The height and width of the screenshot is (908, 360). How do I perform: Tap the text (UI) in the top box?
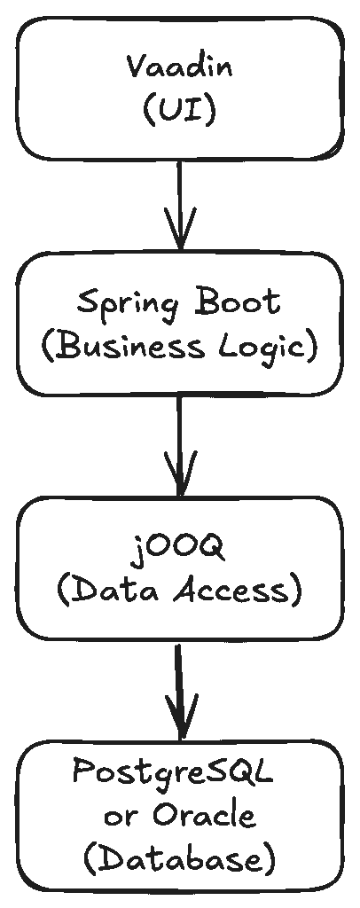179,110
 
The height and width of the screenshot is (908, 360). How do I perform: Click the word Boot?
239,301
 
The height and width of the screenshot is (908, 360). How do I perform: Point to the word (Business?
122,348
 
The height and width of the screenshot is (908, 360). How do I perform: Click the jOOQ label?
179,548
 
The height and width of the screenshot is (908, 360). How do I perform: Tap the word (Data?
108,591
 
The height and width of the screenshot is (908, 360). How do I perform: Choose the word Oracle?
204,816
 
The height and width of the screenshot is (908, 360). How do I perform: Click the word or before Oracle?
121,818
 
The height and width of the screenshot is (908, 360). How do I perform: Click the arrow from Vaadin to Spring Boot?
181,205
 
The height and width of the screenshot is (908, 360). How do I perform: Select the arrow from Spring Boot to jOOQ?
180,446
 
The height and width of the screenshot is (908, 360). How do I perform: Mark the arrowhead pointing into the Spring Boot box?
181,229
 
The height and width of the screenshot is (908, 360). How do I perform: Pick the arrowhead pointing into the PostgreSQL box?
181,716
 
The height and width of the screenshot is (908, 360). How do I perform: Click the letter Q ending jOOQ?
211,546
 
